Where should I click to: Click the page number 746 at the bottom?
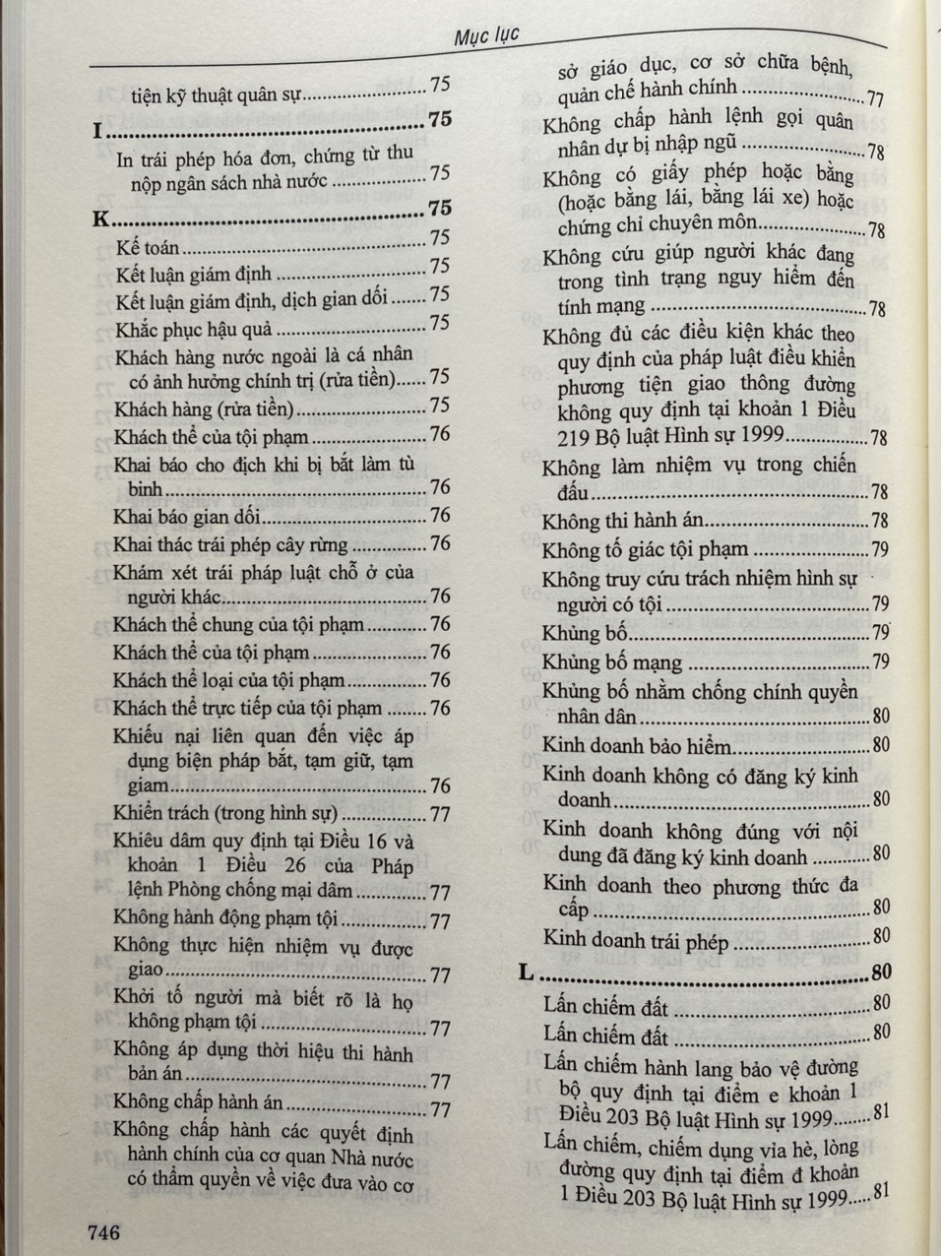point(103,1231)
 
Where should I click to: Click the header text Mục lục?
point(486,37)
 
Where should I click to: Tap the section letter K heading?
point(100,220)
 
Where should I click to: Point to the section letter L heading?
point(527,973)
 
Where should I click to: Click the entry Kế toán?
point(148,248)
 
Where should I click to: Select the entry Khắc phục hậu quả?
point(193,329)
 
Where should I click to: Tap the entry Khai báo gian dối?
point(186,517)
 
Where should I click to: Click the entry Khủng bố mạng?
point(611,661)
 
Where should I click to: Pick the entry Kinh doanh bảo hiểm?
point(638,746)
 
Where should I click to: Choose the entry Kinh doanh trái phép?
point(636,942)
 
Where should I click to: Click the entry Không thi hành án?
point(622,522)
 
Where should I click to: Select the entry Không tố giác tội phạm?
point(645,550)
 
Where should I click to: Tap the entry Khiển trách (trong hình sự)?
point(225,813)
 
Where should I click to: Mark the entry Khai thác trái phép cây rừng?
point(230,544)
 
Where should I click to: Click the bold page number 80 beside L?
point(881,973)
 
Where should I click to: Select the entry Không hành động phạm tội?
point(225,918)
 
